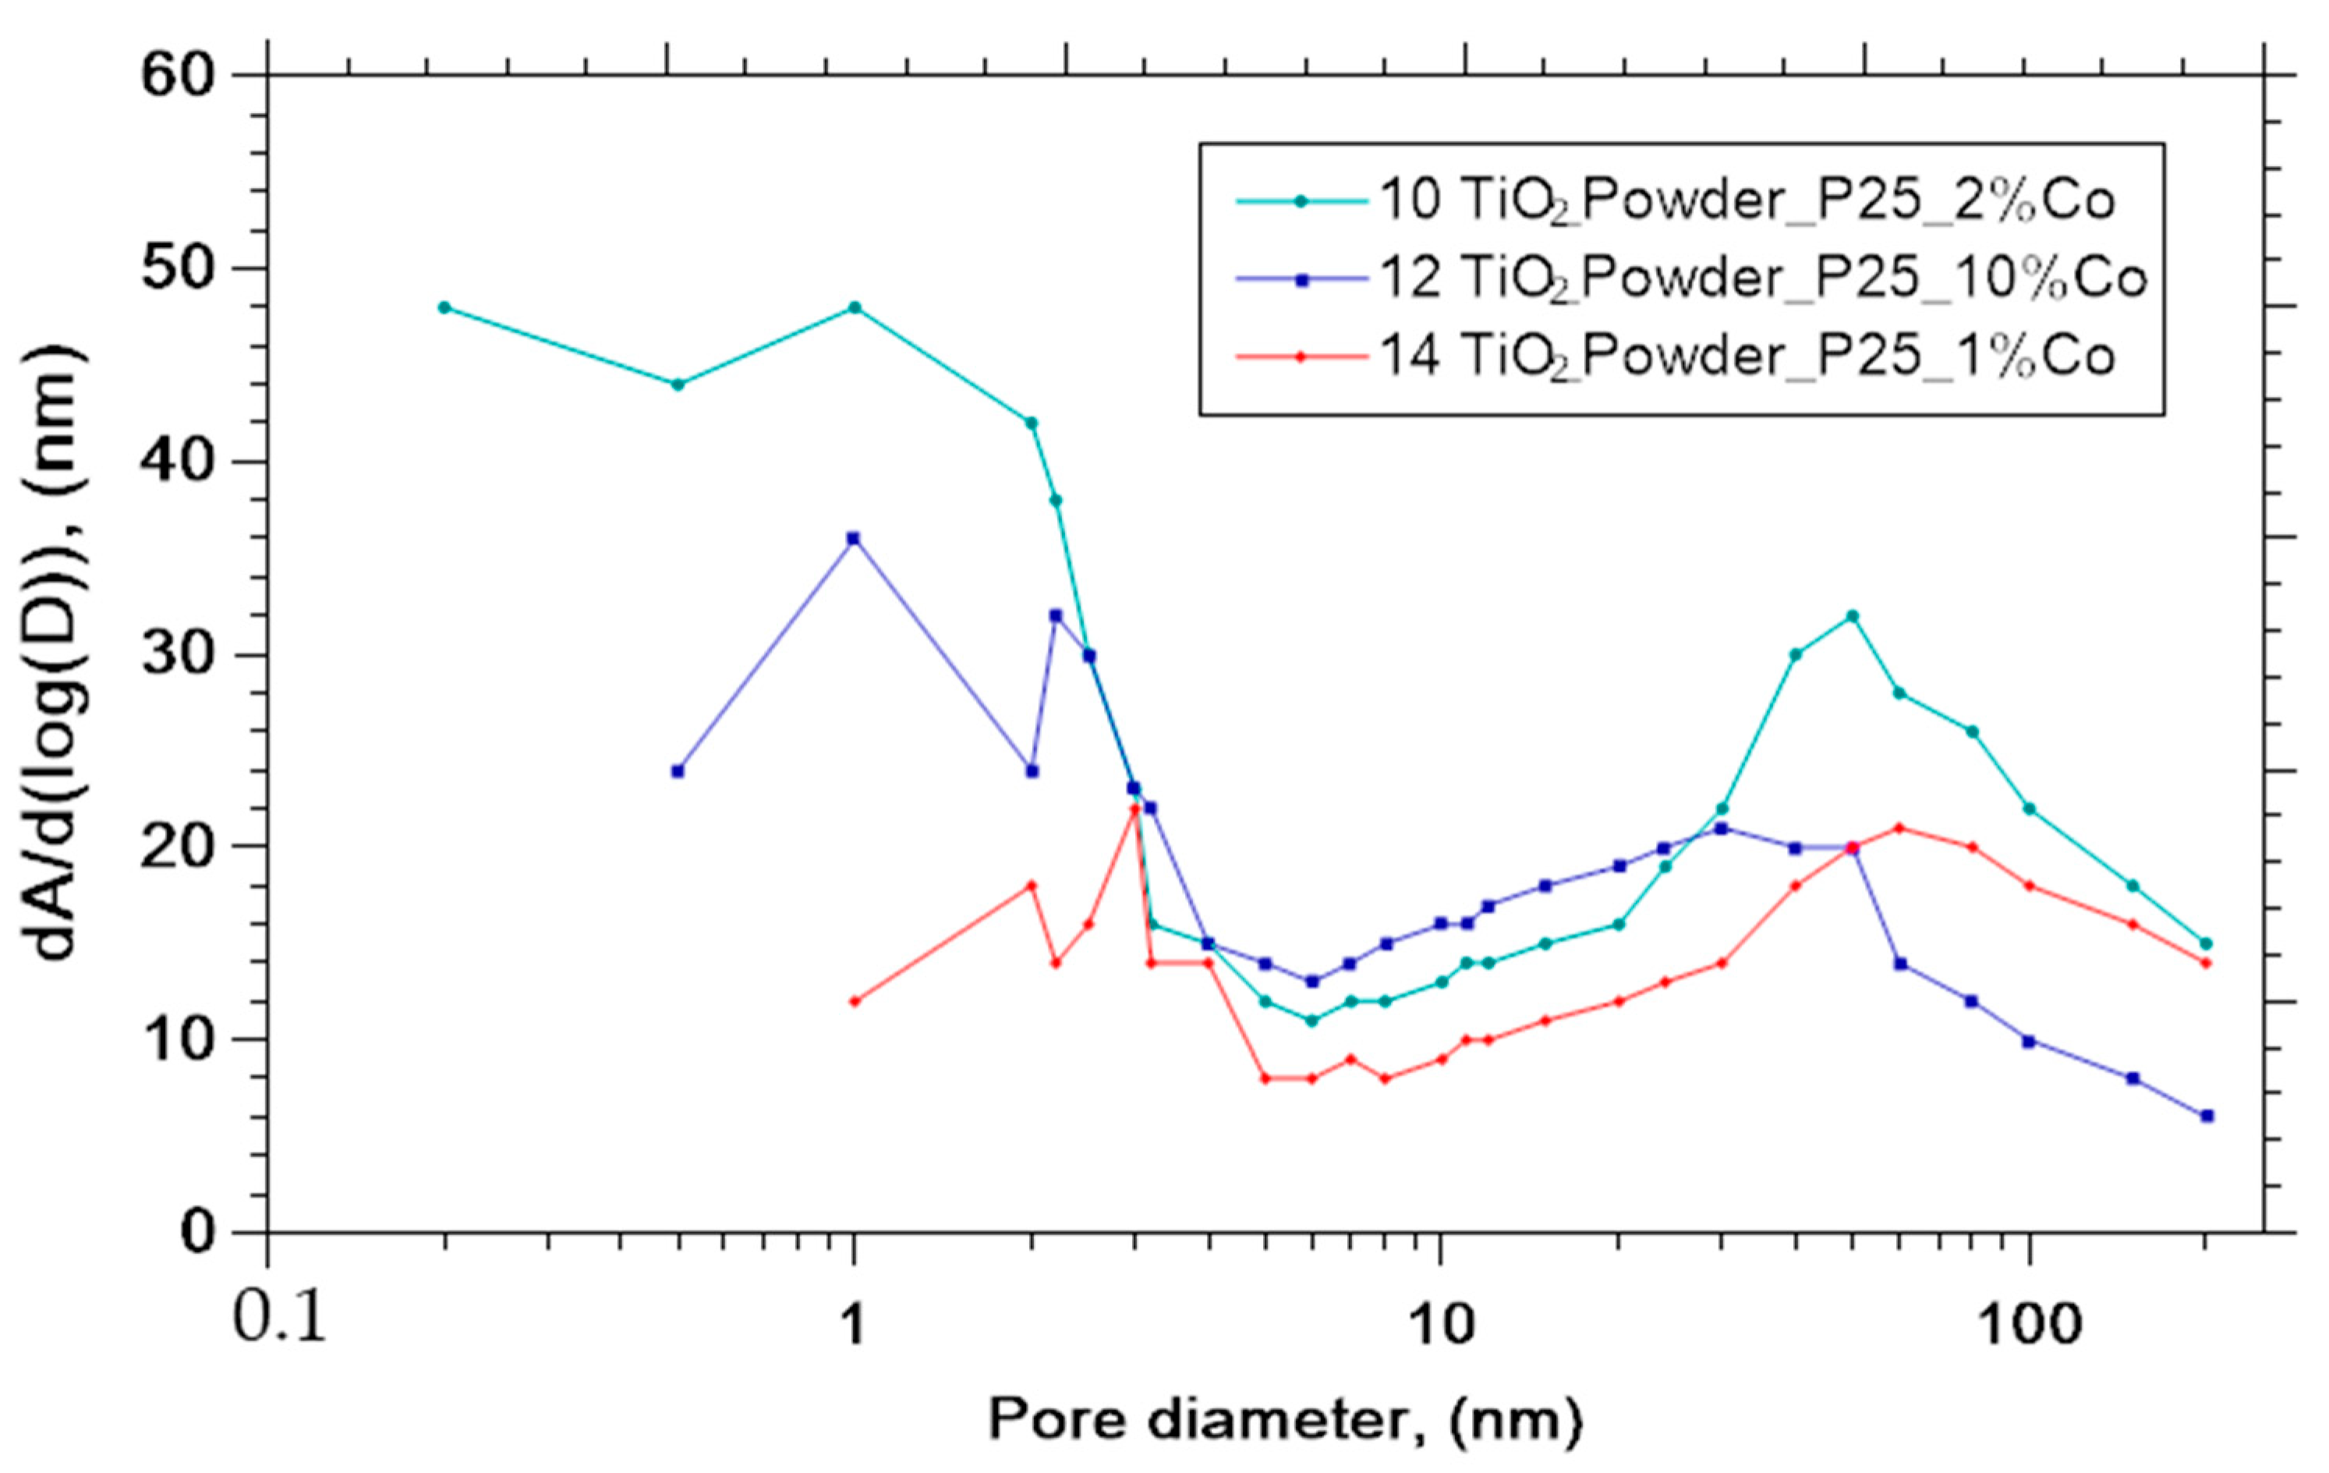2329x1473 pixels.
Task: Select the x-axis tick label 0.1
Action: [279, 1321]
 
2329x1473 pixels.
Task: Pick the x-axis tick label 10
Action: [1440, 1323]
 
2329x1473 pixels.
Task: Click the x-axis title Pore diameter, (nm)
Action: [1284, 1421]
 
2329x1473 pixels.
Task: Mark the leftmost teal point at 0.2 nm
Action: [444, 307]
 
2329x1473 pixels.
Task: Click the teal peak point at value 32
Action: [1852, 616]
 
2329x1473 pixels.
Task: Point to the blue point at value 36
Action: [853, 539]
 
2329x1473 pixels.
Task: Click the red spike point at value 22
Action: [1134, 809]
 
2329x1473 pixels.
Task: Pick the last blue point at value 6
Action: [2206, 1116]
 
